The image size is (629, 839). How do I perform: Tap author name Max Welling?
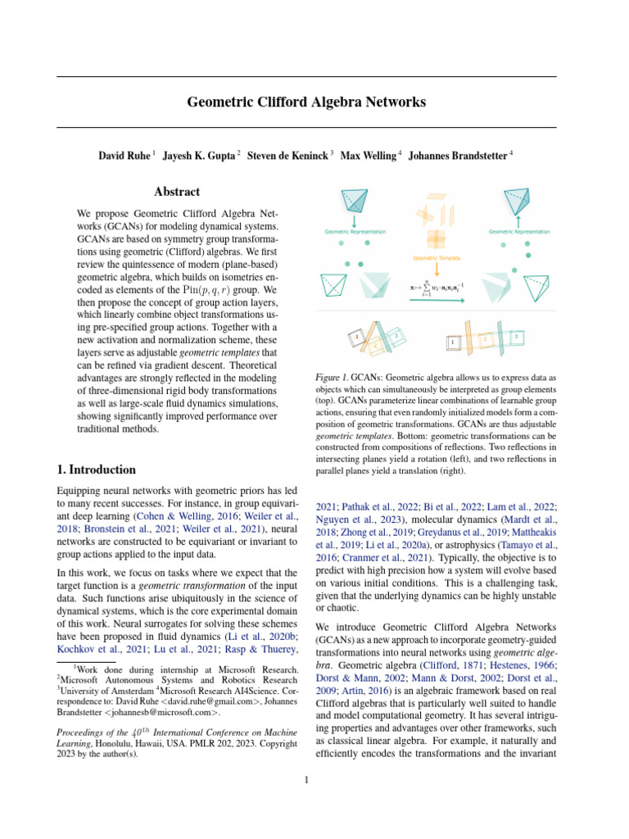[368, 156]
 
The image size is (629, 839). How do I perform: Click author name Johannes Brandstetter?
[459, 156]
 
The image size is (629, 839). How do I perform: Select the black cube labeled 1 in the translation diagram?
[452, 342]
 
